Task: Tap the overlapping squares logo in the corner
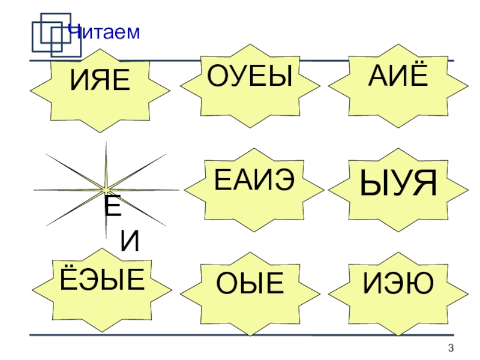click(52, 33)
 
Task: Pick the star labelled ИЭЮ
click(399, 284)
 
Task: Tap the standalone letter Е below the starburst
click(112, 208)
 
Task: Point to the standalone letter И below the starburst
click(130, 241)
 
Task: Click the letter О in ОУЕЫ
click(219, 76)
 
